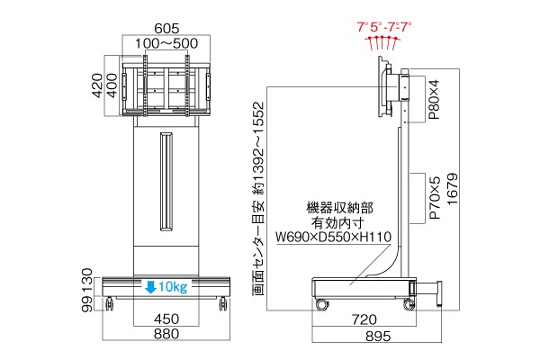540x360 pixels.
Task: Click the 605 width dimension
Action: [x=166, y=28]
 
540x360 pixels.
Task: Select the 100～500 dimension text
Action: [x=166, y=43]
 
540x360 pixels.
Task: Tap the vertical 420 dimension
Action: [x=98, y=85]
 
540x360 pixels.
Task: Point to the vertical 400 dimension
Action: [x=112, y=85]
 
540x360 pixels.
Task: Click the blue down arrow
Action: [x=151, y=286]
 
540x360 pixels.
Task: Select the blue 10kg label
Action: [x=173, y=286]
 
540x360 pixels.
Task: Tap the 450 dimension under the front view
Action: [x=166, y=319]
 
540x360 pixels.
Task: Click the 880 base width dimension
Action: [x=166, y=334]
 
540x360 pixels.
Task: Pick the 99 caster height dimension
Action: [x=88, y=304]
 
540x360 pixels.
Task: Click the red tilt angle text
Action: [x=384, y=26]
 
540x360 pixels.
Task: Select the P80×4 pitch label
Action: [x=435, y=100]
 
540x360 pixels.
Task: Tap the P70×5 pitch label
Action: [x=436, y=198]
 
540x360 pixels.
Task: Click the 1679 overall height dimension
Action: [x=452, y=189]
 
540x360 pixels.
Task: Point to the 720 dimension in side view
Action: [x=364, y=319]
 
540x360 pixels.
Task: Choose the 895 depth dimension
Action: [x=378, y=336]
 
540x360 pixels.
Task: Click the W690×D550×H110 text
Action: [x=333, y=237]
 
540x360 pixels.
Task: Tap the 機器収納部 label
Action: [x=339, y=208]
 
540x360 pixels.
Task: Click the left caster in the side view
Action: [x=322, y=304]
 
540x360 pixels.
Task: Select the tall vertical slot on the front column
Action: [x=166, y=182]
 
